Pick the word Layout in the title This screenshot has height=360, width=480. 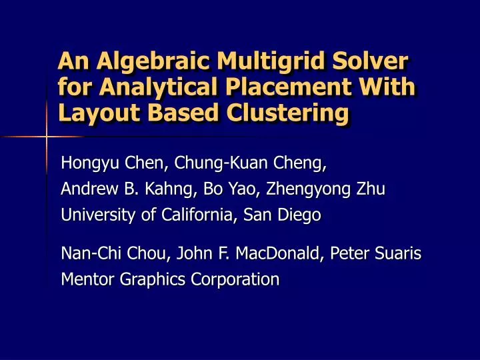coord(96,114)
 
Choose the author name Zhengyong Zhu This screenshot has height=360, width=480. coord(326,190)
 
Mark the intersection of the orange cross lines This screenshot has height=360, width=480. coord(47,137)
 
